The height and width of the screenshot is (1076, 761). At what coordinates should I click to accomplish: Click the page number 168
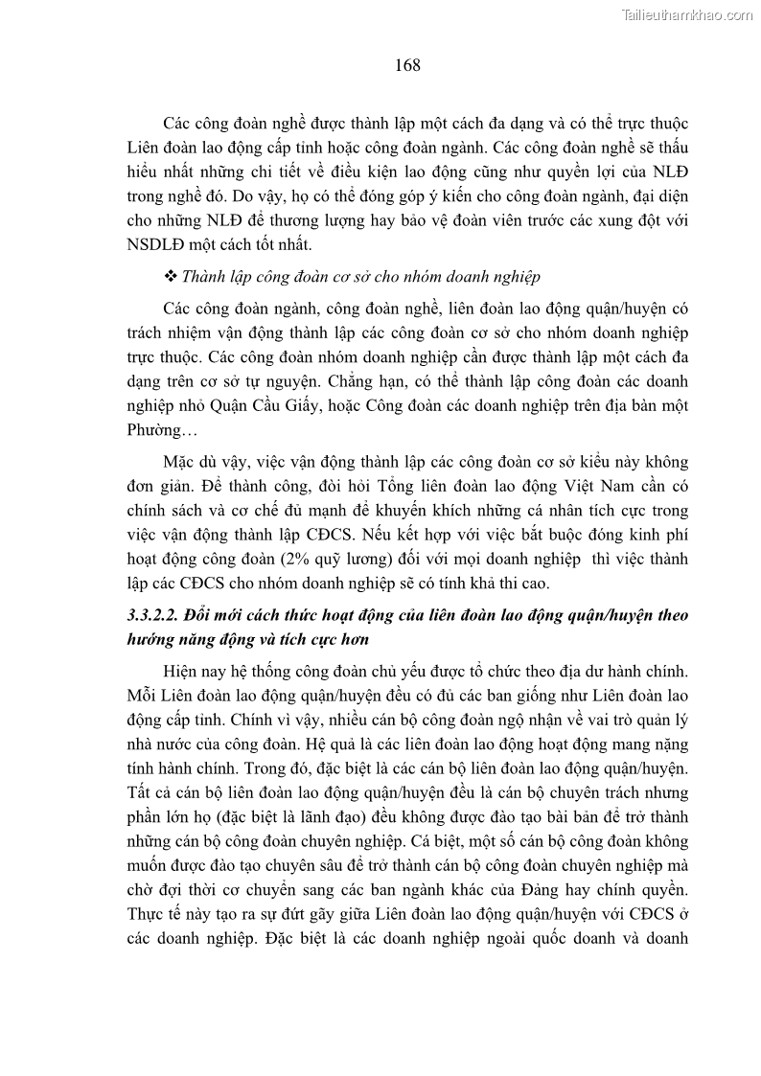click(x=407, y=65)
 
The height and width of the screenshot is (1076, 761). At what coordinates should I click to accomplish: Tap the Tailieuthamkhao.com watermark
click(x=687, y=14)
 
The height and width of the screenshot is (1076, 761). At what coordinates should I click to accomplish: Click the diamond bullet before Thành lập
click(x=171, y=277)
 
